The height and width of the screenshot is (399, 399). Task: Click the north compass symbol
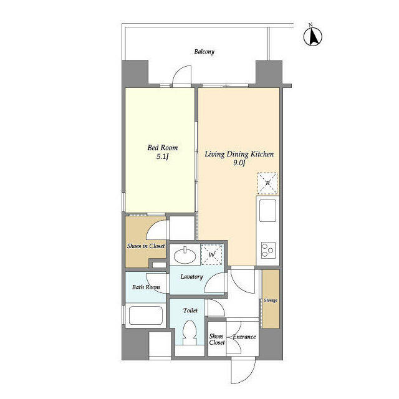point(313,36)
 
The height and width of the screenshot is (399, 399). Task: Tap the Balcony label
point(204,52)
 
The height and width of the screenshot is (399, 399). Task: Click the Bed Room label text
point(163,148)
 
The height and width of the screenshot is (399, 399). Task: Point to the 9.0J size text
point(239,163)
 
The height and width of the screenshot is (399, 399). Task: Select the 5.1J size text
point(163,156)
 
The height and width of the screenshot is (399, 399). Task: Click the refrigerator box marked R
point(267,183)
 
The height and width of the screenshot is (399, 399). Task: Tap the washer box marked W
point(212,254)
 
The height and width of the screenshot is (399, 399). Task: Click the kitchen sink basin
point(267,211)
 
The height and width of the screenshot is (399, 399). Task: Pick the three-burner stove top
point(268,250)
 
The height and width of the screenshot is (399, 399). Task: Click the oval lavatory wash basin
point(185,255)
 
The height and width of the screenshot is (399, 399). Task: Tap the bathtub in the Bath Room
point(146,315)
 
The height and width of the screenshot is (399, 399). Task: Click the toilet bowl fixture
point(190,332)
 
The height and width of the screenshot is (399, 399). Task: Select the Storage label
point(271,300)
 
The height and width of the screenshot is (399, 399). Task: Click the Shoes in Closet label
point(146,246)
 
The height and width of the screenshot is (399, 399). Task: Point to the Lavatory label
point(191,277)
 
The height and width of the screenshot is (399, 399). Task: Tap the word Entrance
point(244,337)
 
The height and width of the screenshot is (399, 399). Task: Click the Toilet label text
point(191,310)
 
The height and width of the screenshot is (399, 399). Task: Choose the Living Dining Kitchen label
point(239,154)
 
